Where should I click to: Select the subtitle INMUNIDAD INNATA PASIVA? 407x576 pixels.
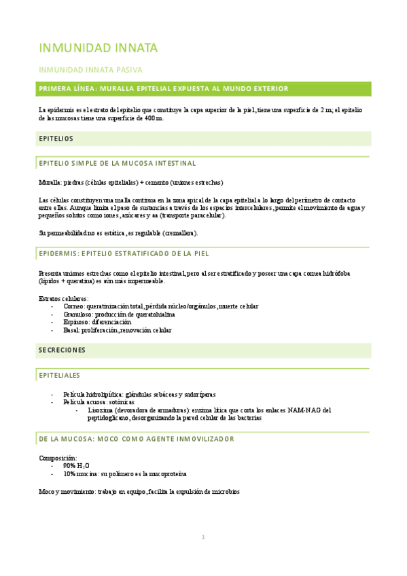point(90,70)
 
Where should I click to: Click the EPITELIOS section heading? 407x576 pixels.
point(56,139)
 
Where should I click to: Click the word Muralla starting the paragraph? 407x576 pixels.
point(50,183)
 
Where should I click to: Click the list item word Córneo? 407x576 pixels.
point(73,306)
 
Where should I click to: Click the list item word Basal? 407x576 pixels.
point(71,330)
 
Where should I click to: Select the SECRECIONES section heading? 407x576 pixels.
point(63,350)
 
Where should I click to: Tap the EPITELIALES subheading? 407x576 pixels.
point(60,375)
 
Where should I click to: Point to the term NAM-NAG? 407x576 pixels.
point(304,410)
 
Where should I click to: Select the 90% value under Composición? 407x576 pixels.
point(70,466)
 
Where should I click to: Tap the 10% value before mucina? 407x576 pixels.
point(70,473)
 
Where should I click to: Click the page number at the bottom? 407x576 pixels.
point(202,537)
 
